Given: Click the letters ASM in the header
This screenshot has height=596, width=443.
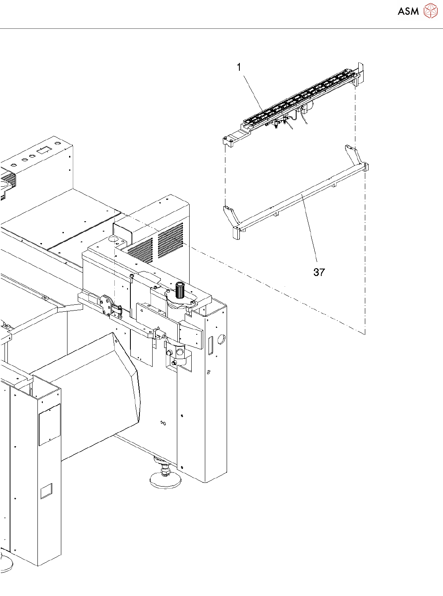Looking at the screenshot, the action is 408,12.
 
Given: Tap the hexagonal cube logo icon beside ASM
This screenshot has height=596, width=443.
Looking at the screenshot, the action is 431,11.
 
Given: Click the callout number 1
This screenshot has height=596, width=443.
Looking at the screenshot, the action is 239,67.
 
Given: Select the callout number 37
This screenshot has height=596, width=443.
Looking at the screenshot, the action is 319,272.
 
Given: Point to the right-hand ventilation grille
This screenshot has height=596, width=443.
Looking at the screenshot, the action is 170,240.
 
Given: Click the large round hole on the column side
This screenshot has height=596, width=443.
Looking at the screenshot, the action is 221,340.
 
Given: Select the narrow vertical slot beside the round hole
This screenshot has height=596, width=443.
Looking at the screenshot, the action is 210,346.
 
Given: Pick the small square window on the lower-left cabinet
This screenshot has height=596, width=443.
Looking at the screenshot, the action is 46,491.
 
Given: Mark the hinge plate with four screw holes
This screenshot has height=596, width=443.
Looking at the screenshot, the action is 107,305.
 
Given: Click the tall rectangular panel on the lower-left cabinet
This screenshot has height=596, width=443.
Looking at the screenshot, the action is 50,424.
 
